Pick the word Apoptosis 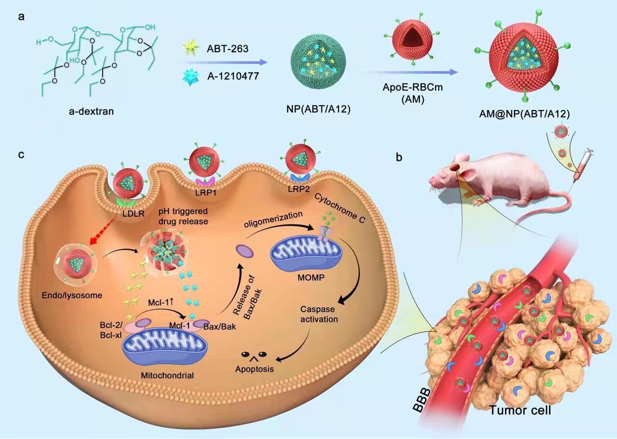[x=255, y=369]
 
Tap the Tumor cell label [x=521, y=411]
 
